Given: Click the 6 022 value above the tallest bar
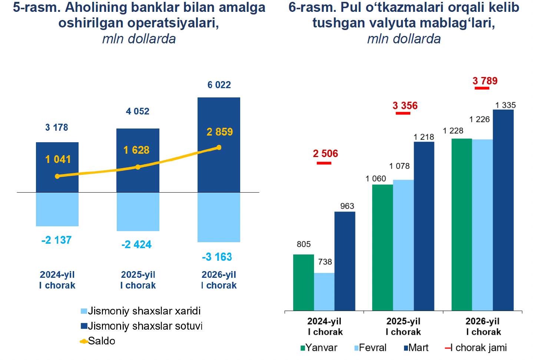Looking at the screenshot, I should [x=219, y=85].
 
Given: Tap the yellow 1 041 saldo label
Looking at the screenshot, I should [x=58, y=159].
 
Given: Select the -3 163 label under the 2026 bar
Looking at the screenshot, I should [x=217, y=257].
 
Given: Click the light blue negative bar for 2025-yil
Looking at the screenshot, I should [x=138, y=211].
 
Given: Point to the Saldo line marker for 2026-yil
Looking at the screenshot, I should [x=219, y=147].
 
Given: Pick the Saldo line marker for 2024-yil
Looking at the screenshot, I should [x=57, y=176].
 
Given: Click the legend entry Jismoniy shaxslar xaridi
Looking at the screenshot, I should [x=141, y=311].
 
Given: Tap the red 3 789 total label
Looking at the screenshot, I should [x=485, y=81].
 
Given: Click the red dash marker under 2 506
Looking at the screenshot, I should [x=324, y=163].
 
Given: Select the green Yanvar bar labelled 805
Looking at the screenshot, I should [x=303, y=282].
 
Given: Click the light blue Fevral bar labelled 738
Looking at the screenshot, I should [x=324, y=291].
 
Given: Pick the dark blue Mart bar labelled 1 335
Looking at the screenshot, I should [x=503, y=210].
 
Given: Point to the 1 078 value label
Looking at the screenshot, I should [x=399, y=166].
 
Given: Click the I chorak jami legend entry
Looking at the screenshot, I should [x=476, y=348].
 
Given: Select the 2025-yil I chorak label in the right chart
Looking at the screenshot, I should [x=403, y=326].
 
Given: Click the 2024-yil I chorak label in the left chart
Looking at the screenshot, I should [x=57, y=280].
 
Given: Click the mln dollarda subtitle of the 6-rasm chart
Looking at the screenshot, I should [x=404, y=39].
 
